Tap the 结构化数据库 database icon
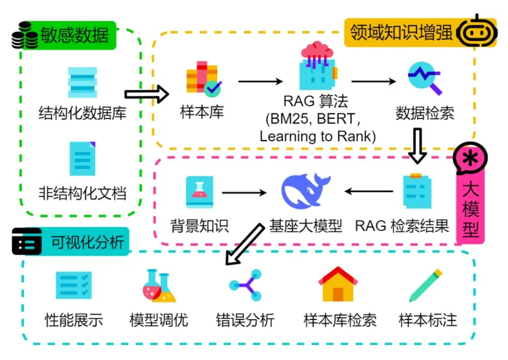pyautogui.click(x=83, y=83)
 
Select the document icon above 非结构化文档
pyautogui.click(x=83, y=158)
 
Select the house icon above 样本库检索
pyautogui.click(x=338, y=284)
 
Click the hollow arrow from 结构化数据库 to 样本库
pyautogui.click(x=147, y=94)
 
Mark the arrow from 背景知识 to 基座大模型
pyautogui.click(x=244, y=193)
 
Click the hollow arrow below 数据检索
pyautogui.click(x=419, y=145)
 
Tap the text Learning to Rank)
pyautogui.click(x=318, y=136)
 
